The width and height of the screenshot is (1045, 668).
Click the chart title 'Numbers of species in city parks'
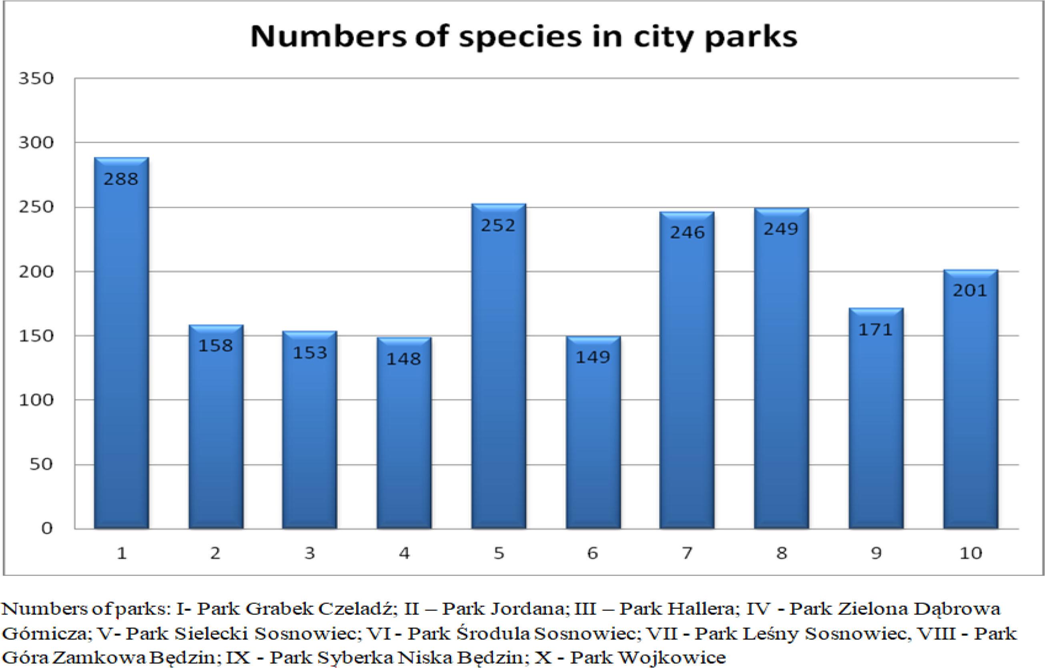[524, 37]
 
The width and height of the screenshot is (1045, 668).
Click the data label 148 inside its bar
[403, 359]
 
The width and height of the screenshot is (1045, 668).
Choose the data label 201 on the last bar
[970, 291]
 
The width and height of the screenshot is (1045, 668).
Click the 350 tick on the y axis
[36, 78]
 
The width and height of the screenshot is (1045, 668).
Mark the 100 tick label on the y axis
[36, 400]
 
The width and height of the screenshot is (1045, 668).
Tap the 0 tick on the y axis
[46, 528]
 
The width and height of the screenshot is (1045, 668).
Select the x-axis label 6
[592, 554]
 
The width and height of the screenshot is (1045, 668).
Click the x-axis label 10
[970, 554]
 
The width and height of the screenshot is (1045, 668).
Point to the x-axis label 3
[309, 554]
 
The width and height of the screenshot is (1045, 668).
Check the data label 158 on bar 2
[216, 345]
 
